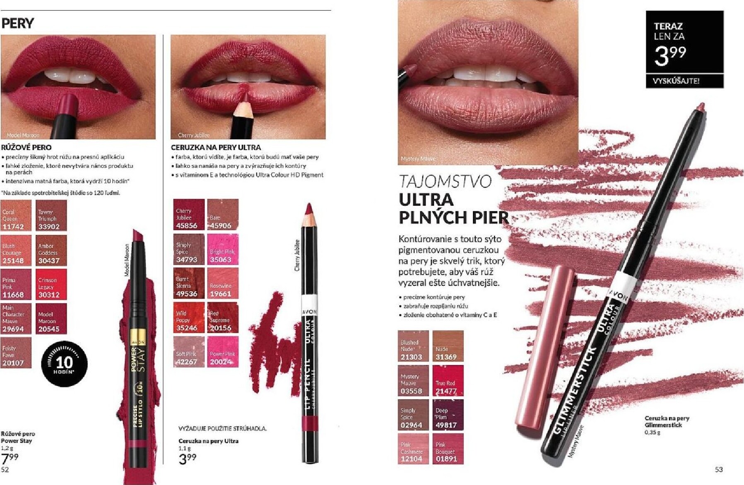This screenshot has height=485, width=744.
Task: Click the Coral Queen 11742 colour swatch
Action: pyautogui.click(x=16, y=215)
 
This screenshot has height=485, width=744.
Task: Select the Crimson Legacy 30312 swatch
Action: pyautogui.click(x=51, y=284)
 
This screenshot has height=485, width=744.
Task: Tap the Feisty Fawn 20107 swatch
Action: pyautogui.click(x=16, y=352)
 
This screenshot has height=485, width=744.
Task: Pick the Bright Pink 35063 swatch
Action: pyautogui.click(x=223, y=249)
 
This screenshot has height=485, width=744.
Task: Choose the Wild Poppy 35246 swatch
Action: pyautogui.click(x=189, y=318)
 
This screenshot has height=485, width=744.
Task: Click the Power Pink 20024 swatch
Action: pyautogui.click(x=223, y=352)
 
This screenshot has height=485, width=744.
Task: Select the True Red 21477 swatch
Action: pyautogui.click(x=448, y=380)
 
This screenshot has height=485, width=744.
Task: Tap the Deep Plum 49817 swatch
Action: pyautogui.click(x=448, y=415)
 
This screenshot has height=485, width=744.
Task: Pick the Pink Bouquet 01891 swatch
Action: pyautogui.click(x=448, y=449)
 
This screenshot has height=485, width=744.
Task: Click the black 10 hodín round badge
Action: pyautogui.click(x=64, y=364)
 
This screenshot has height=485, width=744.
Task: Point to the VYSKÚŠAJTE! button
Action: pyautogui.click(x=684, y=81)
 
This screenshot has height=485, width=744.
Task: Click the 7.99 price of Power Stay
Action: pyautogui.click(x=10, y=458)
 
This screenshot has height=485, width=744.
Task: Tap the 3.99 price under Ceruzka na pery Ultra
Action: pyautogui.click(x=188, y=458)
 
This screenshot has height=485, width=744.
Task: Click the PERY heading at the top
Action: pyautogui.click(x=17, y=24)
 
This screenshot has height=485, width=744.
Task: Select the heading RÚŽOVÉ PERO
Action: pyautogui.click(x=26, y=147)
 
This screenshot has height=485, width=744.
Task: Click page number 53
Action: pyautogui.click(x=719, y=469)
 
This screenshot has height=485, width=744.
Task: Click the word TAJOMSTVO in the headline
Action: pyautogui.click(x=445, y=182)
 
